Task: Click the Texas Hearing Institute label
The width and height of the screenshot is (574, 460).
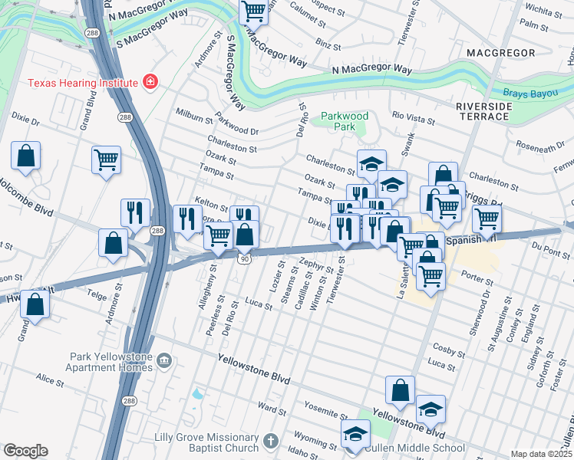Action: (82, 83)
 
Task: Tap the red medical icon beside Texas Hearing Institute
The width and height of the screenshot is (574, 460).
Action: (150, 82)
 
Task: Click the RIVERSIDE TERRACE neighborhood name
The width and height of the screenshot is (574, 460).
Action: (483, 111)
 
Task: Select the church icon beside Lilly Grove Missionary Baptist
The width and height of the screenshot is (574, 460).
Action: (269, 441)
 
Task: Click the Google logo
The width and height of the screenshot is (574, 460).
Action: (25, 451)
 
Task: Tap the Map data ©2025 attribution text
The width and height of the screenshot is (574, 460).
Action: (541, 454)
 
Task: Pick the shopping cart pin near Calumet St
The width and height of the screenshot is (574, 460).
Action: (252, 11)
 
